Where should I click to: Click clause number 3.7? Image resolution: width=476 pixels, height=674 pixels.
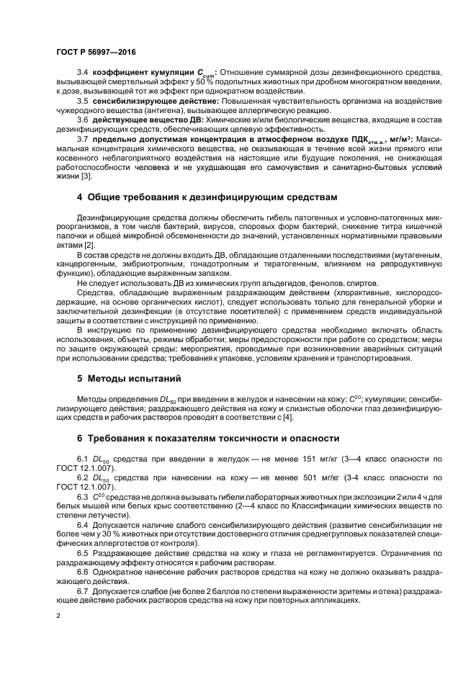[82, 138]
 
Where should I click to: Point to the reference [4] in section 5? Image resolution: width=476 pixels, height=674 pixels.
[287, 417]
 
